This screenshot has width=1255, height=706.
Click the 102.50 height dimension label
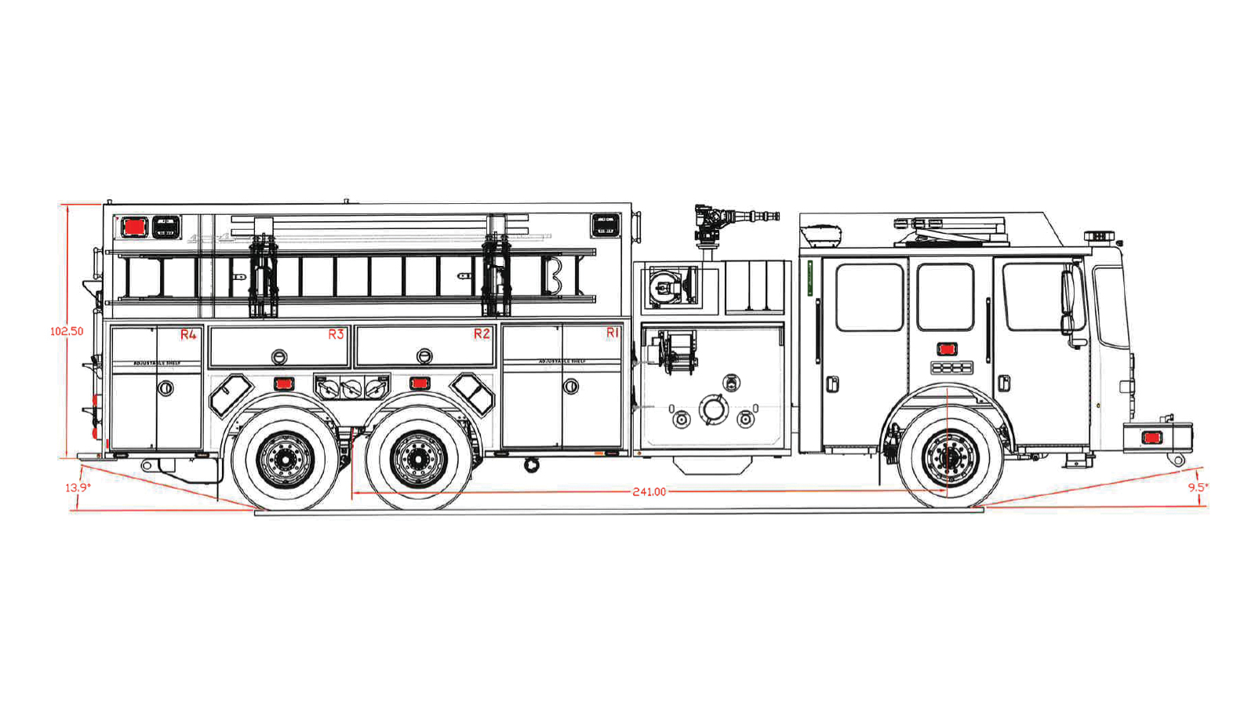pos(67,332)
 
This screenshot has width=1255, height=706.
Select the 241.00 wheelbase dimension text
pos(649,492)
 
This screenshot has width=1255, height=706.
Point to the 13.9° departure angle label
pos(78,488)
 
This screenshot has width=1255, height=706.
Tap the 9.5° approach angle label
pos(1198,487)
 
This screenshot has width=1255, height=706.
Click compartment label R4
pos(188,335)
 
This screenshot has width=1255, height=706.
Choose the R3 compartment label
pos(336,334)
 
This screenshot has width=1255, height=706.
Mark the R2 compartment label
pos(482,334)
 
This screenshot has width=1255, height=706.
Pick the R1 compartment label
pos(613,333)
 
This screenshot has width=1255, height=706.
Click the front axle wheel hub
pos(951,457)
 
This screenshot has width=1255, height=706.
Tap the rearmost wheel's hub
pos(285,459)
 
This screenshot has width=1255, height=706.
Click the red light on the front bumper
pos(1151,438)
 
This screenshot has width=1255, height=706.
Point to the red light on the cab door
pos(947,349)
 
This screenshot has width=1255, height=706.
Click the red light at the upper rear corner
pos(134,227)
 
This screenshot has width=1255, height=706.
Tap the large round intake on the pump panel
pos(713,409)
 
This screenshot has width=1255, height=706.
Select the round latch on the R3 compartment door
pos(279,357)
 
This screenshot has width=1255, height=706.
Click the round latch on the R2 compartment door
pos(424,356)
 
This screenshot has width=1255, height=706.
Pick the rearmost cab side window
pos(870,297)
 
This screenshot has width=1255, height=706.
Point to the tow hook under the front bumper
pos(1177,460)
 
